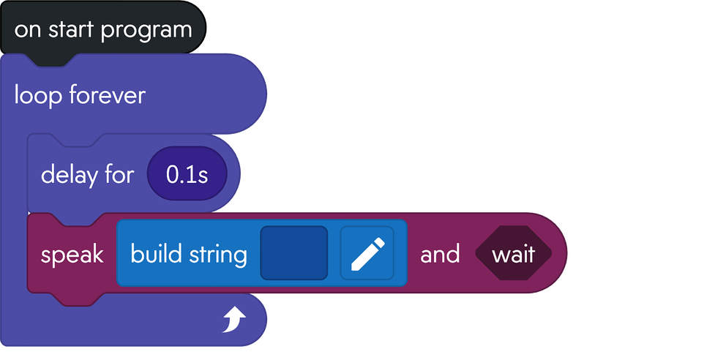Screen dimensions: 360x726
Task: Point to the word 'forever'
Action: [107, 95]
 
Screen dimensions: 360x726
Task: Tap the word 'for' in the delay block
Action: [121, 175]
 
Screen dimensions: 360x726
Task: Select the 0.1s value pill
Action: [187, 175]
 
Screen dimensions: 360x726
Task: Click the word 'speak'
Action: [72, 255]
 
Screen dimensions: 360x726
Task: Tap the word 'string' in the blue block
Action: [217, 255]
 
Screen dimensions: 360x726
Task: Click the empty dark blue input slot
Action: [293, 252]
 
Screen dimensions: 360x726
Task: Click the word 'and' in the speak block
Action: [440, 254]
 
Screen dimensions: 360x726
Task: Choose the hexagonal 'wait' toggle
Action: [512, 254]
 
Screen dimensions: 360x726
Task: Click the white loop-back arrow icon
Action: [233, 320]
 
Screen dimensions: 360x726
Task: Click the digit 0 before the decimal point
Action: [173, 175]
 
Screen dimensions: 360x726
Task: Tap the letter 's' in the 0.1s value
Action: [203, 176]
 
